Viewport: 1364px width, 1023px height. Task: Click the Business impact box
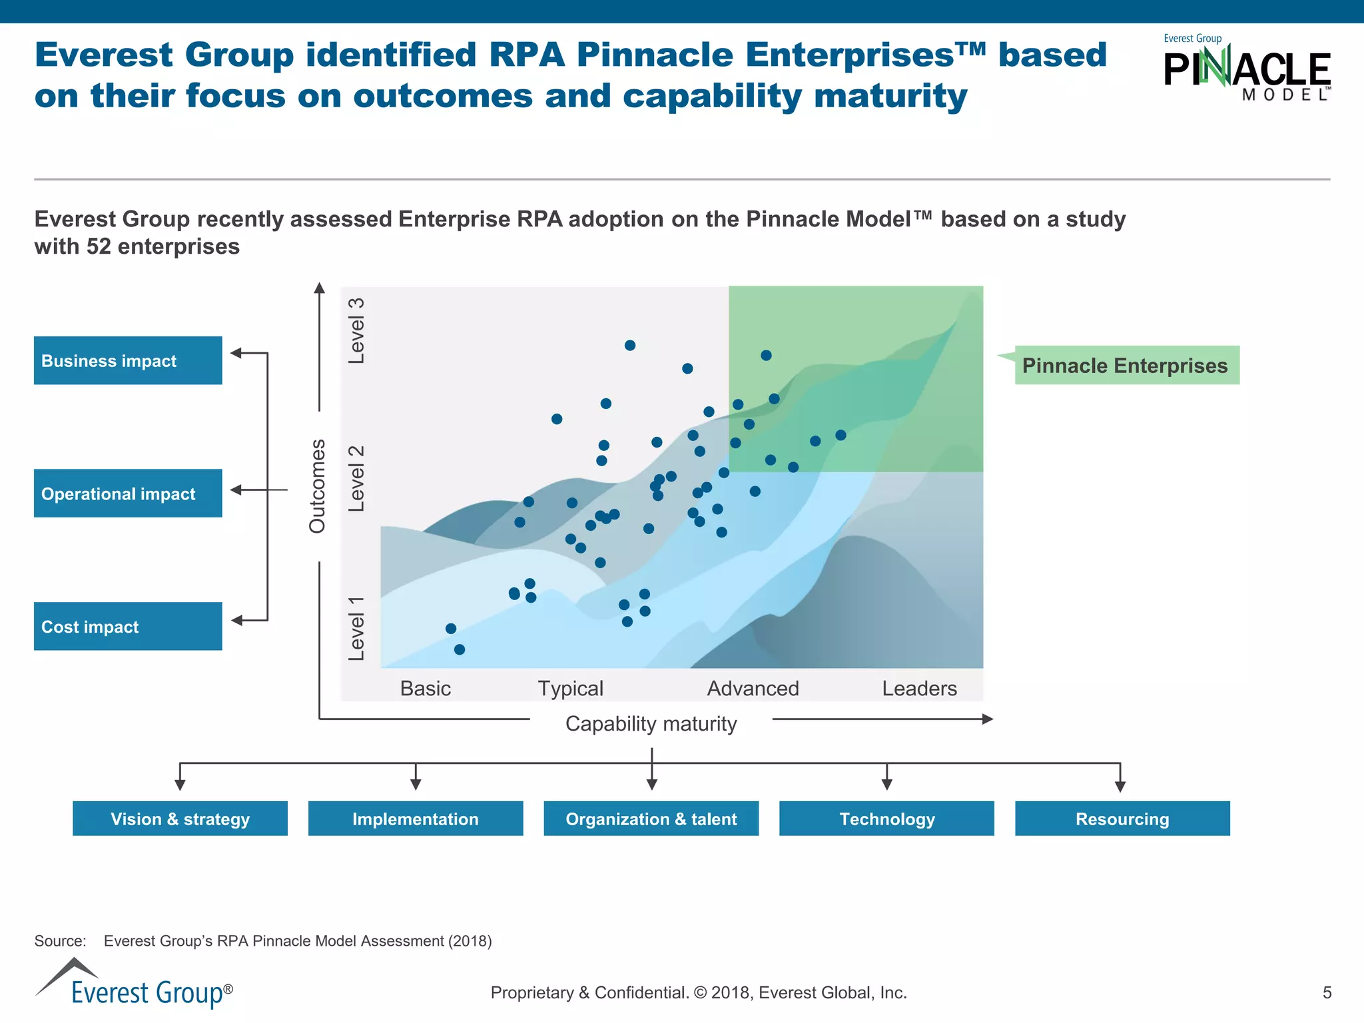pos(128,360)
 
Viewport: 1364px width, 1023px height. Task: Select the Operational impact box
pos(128,494)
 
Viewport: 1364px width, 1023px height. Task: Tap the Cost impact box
pos(128,626)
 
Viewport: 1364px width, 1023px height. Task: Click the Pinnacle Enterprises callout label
pos(1126,365)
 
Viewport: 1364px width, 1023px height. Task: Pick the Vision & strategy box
pos(180,819)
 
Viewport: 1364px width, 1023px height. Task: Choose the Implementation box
pos(416,819)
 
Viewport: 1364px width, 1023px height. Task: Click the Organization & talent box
pos(651,819)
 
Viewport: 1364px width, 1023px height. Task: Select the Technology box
pos(886,819)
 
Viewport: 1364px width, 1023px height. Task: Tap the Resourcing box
pos(1122,819)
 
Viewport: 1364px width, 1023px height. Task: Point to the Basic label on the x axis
pos(426,688)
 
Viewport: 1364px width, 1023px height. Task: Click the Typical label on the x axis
pos(570,688)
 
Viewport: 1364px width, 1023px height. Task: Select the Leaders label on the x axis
pos(919,688)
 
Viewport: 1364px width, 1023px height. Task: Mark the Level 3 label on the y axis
pos(357,331)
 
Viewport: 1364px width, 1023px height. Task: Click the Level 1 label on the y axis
pos(357,628)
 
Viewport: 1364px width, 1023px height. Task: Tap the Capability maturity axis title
pos(651,723)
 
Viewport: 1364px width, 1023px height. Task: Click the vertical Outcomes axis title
pos(318,486)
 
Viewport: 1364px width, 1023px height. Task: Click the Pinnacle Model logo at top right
pos(1246,69)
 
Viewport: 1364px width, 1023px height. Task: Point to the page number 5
pos(1327,992)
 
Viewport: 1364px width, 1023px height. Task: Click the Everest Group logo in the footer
pos(134,984)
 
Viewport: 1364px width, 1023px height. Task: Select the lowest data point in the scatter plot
pos(460,649)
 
